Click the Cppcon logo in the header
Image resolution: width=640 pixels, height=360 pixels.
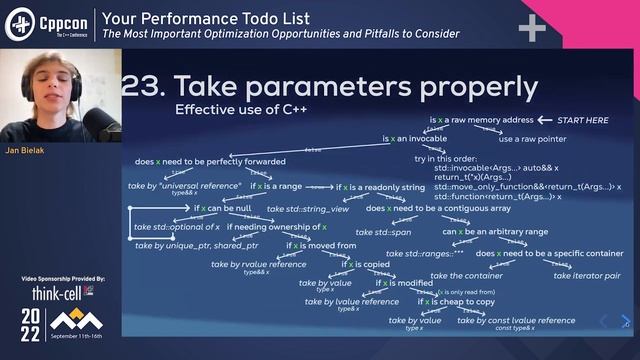coord(47,23)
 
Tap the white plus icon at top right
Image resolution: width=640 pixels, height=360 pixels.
coord(531,27)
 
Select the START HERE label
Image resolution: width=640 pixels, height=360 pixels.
coord(582,120)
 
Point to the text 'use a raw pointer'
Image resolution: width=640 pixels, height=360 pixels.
coord(533,139)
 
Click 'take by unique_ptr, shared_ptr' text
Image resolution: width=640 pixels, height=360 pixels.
coord(196,245)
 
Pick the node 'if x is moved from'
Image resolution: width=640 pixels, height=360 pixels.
coord(321,245)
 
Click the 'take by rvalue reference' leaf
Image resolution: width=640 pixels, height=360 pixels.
coord(259,264)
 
